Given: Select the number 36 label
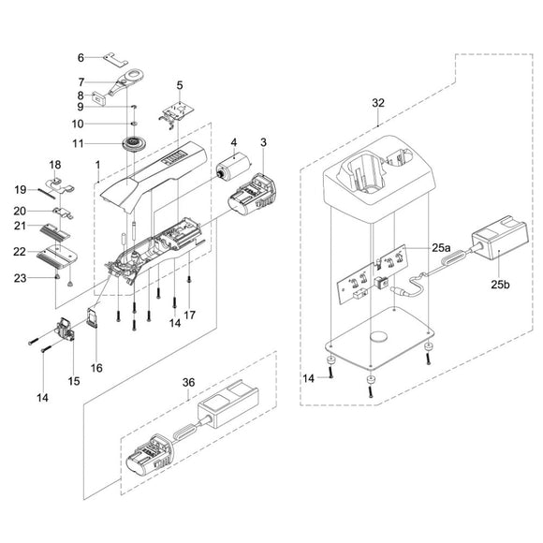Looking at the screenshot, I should coord(188,383).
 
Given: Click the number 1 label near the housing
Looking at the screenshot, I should coord(97,165).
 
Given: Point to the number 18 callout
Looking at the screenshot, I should coord(53,166).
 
